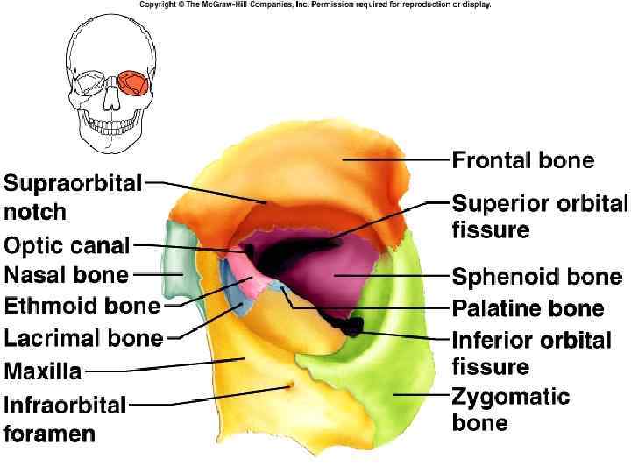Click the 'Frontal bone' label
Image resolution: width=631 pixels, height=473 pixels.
point(522,161)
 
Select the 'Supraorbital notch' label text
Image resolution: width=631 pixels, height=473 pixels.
point(72,197)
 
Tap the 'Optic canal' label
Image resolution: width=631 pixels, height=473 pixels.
point(67,246)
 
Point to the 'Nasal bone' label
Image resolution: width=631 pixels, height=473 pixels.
point(67,275)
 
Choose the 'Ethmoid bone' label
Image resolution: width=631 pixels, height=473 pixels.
point(82,307)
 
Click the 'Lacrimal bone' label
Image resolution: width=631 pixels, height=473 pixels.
point(83,338)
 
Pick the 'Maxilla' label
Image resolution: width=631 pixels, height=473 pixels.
point(43,371)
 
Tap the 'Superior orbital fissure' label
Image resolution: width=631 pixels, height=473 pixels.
point(539,216)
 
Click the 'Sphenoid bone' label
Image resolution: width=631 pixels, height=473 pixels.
point(536,278)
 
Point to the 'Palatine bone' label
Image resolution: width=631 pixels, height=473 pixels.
point(528,308)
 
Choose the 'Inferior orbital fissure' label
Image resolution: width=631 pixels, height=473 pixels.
point(531,352)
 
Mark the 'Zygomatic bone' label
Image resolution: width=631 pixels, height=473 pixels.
point(510,409)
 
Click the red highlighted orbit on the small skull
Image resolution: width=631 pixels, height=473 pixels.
point(133,83)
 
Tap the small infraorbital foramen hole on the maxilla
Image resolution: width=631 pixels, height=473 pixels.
point(292,385)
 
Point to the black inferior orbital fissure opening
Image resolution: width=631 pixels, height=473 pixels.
point(353,326)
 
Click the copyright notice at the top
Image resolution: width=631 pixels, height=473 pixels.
point(315,4)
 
